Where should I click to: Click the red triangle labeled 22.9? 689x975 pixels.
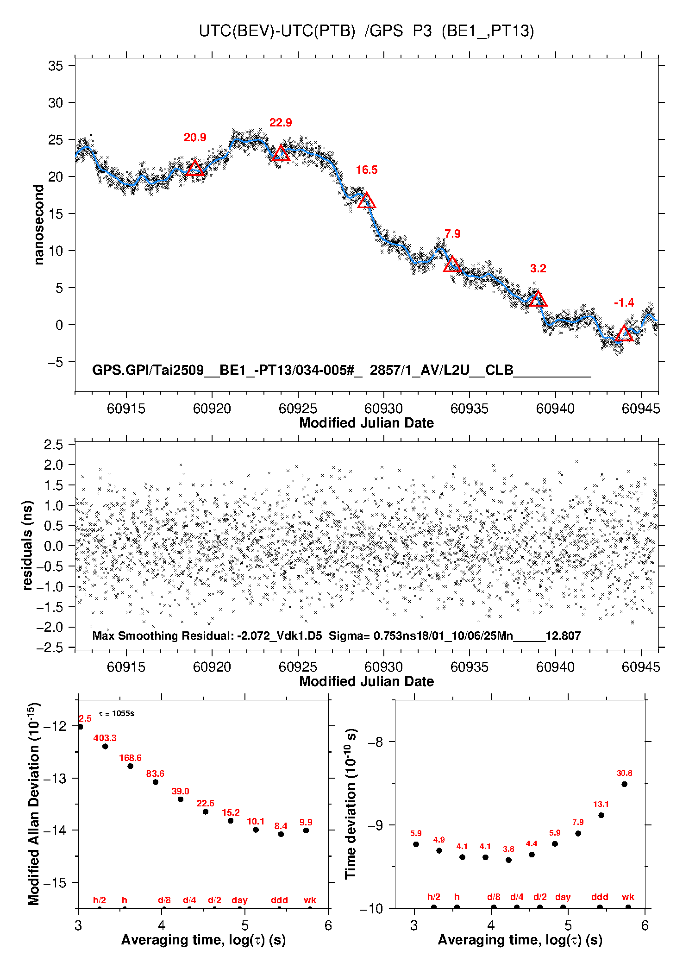[281, 153]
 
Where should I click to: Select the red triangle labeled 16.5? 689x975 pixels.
[366, 200]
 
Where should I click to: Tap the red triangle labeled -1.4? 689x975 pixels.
[624, 333]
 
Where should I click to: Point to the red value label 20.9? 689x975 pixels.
[195, 138]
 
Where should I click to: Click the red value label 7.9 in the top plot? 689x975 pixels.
[452, 234]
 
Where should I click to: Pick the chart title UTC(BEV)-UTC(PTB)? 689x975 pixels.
[277, 31]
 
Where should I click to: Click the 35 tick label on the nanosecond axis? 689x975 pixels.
[56, 66]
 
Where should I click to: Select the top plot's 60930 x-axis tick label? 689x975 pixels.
[383, 409]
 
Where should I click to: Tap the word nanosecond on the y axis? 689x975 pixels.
[38, 225]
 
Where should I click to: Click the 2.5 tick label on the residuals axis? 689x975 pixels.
[53, 445]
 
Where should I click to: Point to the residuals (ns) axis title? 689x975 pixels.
[28, 546]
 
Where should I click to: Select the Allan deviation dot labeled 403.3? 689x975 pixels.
[105, 746]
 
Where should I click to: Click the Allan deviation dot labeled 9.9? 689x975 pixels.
[306, 830]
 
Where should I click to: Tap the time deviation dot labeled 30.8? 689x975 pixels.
[624, 784]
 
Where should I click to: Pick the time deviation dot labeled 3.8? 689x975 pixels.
[508, 860]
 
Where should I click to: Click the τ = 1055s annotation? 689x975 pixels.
[117, 713]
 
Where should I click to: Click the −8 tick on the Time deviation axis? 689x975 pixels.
[375, 742]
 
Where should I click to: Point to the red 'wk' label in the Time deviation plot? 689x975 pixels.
[628, 897]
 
